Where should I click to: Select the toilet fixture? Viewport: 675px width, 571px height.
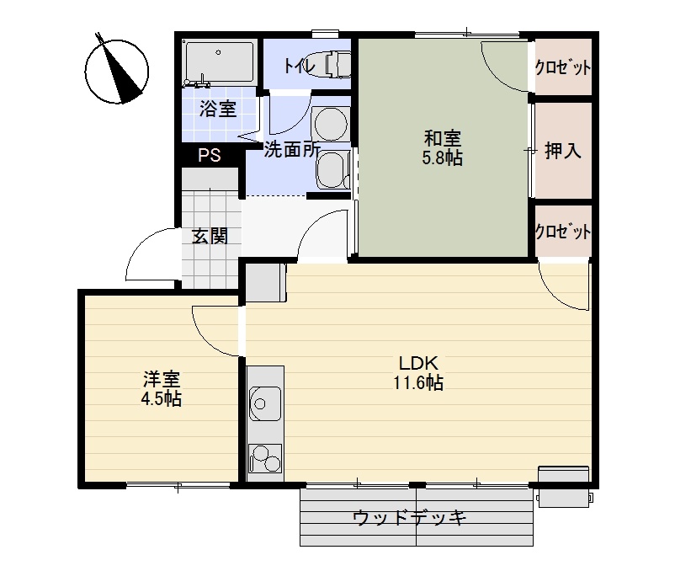pos(333,65)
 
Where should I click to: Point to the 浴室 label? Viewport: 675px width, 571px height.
pos(217,109)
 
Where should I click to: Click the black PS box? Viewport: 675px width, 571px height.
pos(209,156)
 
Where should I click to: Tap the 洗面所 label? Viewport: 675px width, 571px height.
pos(291,151)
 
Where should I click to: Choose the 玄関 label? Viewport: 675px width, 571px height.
pos(210,236)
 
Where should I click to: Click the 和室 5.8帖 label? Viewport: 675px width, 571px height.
pos(442,147)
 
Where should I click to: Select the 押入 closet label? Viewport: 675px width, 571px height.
pos(563,152)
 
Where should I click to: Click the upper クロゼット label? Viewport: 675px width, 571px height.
pos(563,68)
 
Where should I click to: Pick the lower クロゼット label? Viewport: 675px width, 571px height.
pos(563,232)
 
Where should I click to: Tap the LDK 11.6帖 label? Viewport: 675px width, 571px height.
pos(418,372)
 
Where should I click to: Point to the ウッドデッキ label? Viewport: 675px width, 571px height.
pos(410,517)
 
